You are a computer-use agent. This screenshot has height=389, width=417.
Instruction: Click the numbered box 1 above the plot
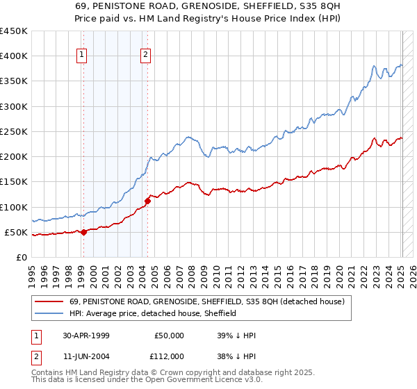point(82,56)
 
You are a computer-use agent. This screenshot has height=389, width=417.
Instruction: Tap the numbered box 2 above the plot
point(146,56)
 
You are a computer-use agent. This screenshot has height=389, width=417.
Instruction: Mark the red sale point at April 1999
point(84,232)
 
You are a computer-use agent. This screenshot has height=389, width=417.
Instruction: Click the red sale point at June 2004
point(147,201)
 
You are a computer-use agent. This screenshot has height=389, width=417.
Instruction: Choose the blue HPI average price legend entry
point(153,313)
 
